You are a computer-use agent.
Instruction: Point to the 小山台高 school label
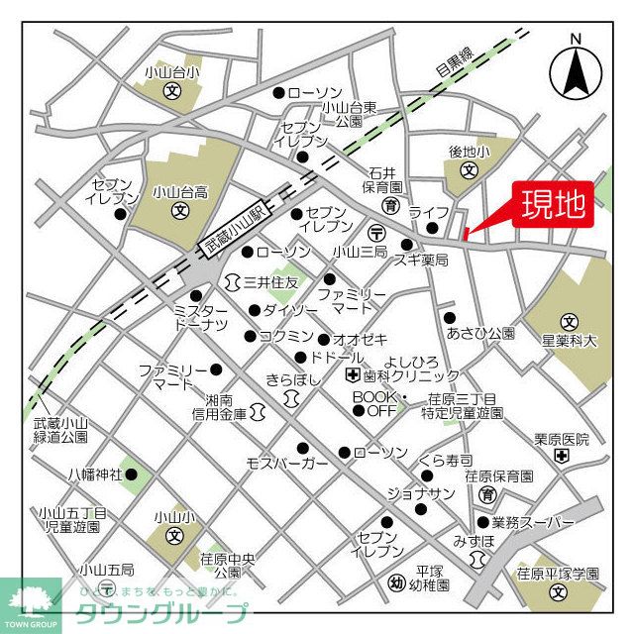click(x=179, y=193)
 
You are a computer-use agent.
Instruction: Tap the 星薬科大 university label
click(x=569, y=341)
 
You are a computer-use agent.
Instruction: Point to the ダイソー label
click(x=284, y=311)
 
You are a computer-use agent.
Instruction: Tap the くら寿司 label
click(x=445, y=460)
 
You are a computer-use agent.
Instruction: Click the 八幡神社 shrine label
click(x=95, y=475)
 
